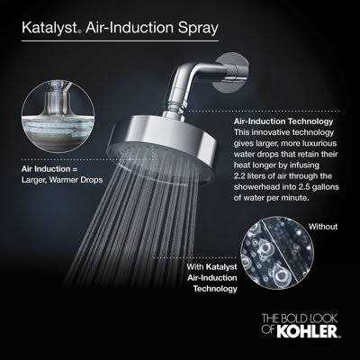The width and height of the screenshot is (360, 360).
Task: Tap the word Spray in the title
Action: click(x=198, y=28)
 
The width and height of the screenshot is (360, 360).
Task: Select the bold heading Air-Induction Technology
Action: click(x=283, y=121)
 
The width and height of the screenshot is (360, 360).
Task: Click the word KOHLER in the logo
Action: click(x=307, y=332)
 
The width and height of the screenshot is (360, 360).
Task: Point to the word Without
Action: click(x=323, y=227)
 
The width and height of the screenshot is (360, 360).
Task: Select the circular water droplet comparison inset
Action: click(x=277, y=253)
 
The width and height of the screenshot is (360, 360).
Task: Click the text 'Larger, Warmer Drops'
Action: click(x=62, y=180)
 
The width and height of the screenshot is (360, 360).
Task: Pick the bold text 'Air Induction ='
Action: click(x=49, y=169)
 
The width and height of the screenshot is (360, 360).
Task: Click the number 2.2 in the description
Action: click(x=240, y=176)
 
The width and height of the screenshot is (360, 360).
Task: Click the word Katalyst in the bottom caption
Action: click(x=221, y=267)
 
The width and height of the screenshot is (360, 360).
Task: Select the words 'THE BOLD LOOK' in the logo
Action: click(x=300, y=319)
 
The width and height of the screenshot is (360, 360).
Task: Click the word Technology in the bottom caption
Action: click(x=215, y=289)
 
